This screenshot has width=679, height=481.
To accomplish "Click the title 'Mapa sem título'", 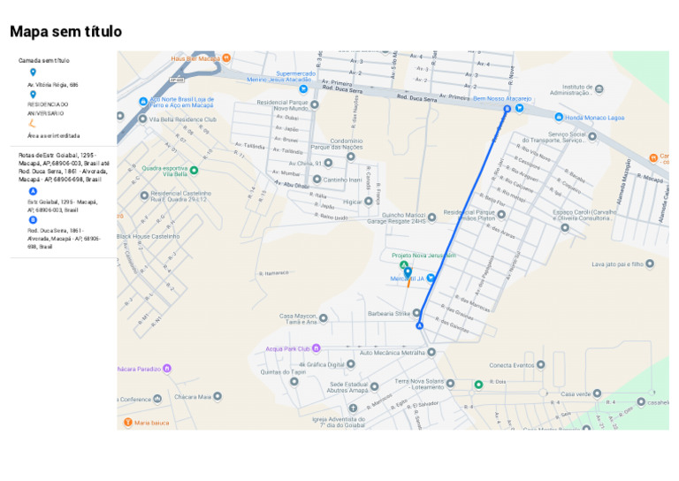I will click(65, 32).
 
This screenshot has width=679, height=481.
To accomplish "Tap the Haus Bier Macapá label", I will click(195, 58).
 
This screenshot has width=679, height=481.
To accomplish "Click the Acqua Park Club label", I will click(287, 348).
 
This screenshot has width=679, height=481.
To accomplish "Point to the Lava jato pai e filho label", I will click(616, 263).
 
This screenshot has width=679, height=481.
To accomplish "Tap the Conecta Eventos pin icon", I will click(540, 364).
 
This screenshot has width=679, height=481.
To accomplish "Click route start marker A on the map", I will click(420, 326).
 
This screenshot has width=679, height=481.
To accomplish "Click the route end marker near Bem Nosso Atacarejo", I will click(507, 109).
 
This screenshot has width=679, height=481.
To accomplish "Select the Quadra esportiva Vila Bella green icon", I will click(194, 170).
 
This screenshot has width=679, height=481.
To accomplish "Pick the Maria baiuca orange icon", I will click(126, 423).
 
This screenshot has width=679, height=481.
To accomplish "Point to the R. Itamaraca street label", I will click(275, 274).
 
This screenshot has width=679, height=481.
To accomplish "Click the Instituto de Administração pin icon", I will click(599, 88).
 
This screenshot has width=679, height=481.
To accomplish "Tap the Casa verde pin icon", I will click(597, 393).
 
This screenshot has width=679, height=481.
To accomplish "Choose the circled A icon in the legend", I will click(33, 191).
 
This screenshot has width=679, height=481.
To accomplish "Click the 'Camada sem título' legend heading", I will click(43, 60).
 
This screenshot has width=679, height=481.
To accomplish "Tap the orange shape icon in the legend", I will click(33, 125).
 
